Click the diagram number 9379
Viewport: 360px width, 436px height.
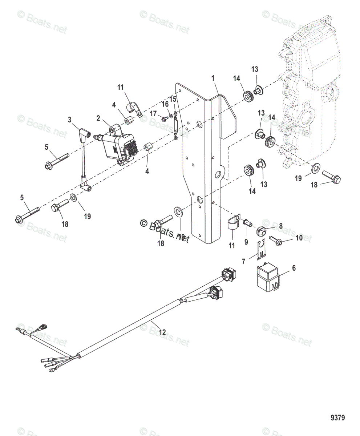337,417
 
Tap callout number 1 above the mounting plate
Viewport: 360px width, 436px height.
213,78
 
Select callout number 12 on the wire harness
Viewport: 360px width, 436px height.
162,332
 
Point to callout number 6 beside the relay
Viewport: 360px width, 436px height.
294,268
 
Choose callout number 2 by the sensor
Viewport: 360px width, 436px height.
98,118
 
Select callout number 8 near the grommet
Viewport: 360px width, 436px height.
280,226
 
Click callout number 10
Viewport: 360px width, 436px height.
299,238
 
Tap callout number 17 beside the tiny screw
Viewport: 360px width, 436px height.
153,114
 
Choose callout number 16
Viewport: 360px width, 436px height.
165,104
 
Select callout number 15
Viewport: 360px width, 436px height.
173,99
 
